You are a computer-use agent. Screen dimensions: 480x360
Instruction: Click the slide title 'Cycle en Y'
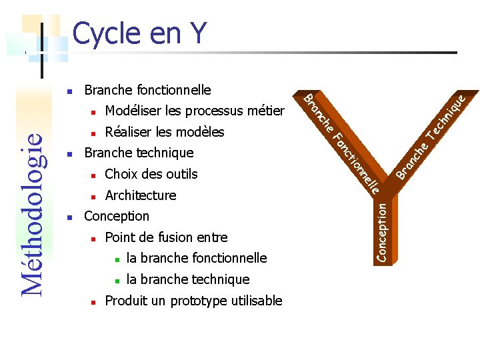tap(139, 33)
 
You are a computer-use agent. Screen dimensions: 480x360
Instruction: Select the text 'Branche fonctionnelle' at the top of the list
tap(147, 89)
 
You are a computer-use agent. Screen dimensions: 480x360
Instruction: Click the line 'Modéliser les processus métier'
tap(194, 111)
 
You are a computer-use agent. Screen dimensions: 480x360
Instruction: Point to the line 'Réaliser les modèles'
tap(164, 132)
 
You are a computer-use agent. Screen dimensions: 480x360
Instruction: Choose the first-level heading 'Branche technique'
tap(139, 153)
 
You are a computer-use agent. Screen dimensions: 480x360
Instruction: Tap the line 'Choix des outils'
tap(151, 174)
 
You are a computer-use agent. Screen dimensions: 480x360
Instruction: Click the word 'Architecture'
tap(141, 195)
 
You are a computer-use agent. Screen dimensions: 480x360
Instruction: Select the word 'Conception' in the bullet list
tap(117, 216)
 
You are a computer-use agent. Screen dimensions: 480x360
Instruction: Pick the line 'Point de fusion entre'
tap(166, 237)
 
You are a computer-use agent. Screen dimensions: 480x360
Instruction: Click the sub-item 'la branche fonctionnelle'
tap(196, 258)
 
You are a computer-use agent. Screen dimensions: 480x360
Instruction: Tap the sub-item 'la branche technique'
tap(187, 279)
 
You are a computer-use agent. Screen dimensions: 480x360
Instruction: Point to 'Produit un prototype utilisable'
tap(193, 301)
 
